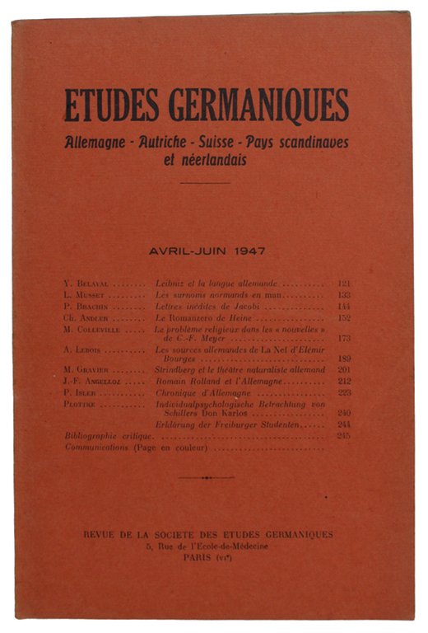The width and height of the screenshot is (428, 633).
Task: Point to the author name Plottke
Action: (81, 403)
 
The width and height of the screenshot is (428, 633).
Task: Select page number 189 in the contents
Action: (345, 359)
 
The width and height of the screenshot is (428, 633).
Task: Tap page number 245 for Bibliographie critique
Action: (345, 436)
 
